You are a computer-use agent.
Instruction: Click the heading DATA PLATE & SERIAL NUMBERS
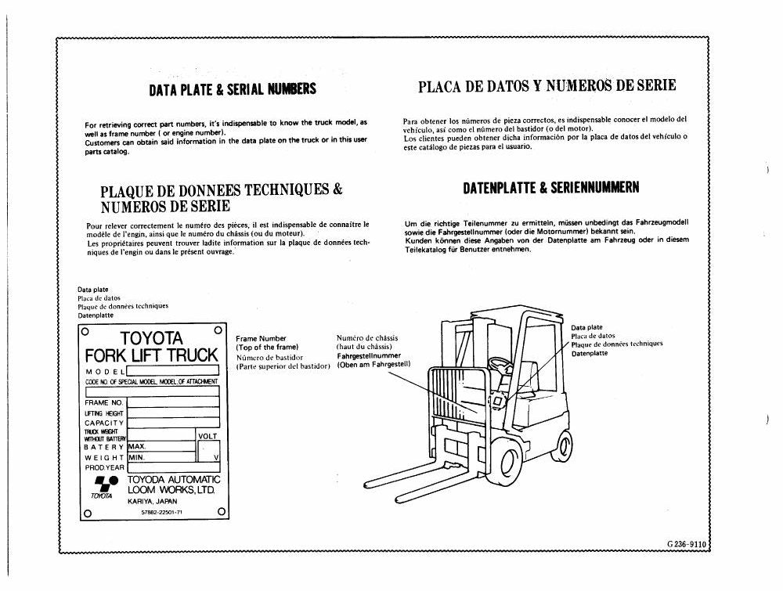coord(233,89)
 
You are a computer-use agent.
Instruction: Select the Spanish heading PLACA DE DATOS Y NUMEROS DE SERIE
coord(547,86)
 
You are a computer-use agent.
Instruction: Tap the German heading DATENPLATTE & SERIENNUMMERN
coord(551,188)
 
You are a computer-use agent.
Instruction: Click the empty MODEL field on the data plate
coord(173,370)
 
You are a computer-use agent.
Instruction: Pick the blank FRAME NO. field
coord(173,402)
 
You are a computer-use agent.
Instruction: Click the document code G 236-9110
coord(686,545)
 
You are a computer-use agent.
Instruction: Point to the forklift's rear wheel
coord(565,445)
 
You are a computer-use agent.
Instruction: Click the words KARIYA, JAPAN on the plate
coord(153,501)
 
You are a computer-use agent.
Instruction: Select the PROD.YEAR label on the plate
coord(105,467)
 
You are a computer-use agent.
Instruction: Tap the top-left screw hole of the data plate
coord(85,331)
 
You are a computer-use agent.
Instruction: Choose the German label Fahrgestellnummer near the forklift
coord(369,356)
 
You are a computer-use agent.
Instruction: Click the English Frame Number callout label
coord(261,338)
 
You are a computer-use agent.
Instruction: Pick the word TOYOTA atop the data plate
coord(151,338)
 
